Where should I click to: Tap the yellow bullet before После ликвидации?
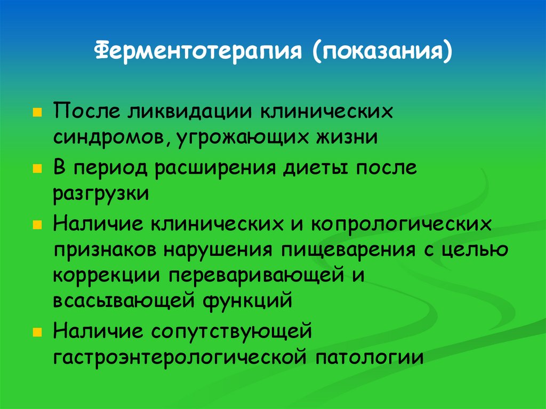pyautogui.click(x=37, y=114)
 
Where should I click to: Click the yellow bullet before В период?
pyautogui.click(x=37, y=169)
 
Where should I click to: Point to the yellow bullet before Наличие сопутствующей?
pyautogui.click(x=37, y=332)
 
